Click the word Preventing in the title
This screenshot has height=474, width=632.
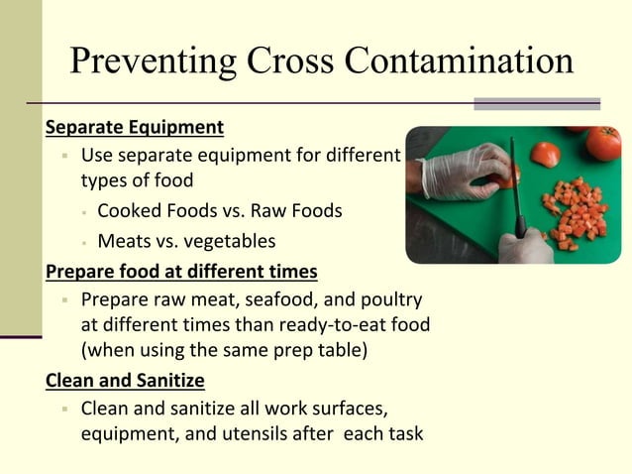pyautogui.click(x=151, y=60)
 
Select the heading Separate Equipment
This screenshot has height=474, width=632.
pyautogui.click(x=135, y=128)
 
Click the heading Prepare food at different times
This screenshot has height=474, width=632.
pyautogui.click(x=181, y=270)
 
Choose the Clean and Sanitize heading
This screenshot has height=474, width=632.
pyautogui.click(x=125, y=380)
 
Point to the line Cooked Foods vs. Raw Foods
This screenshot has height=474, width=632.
pyautogui.click(x=220, y=210)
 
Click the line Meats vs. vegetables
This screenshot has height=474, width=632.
pyautogui.click(x=186, y=241)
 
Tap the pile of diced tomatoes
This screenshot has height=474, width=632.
pyautogui.click(x=574, y=210)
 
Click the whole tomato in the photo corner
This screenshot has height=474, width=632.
pyautogui.click(x=603, y=143)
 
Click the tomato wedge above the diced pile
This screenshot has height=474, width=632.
pyautogui.click(x=545, y=154)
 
